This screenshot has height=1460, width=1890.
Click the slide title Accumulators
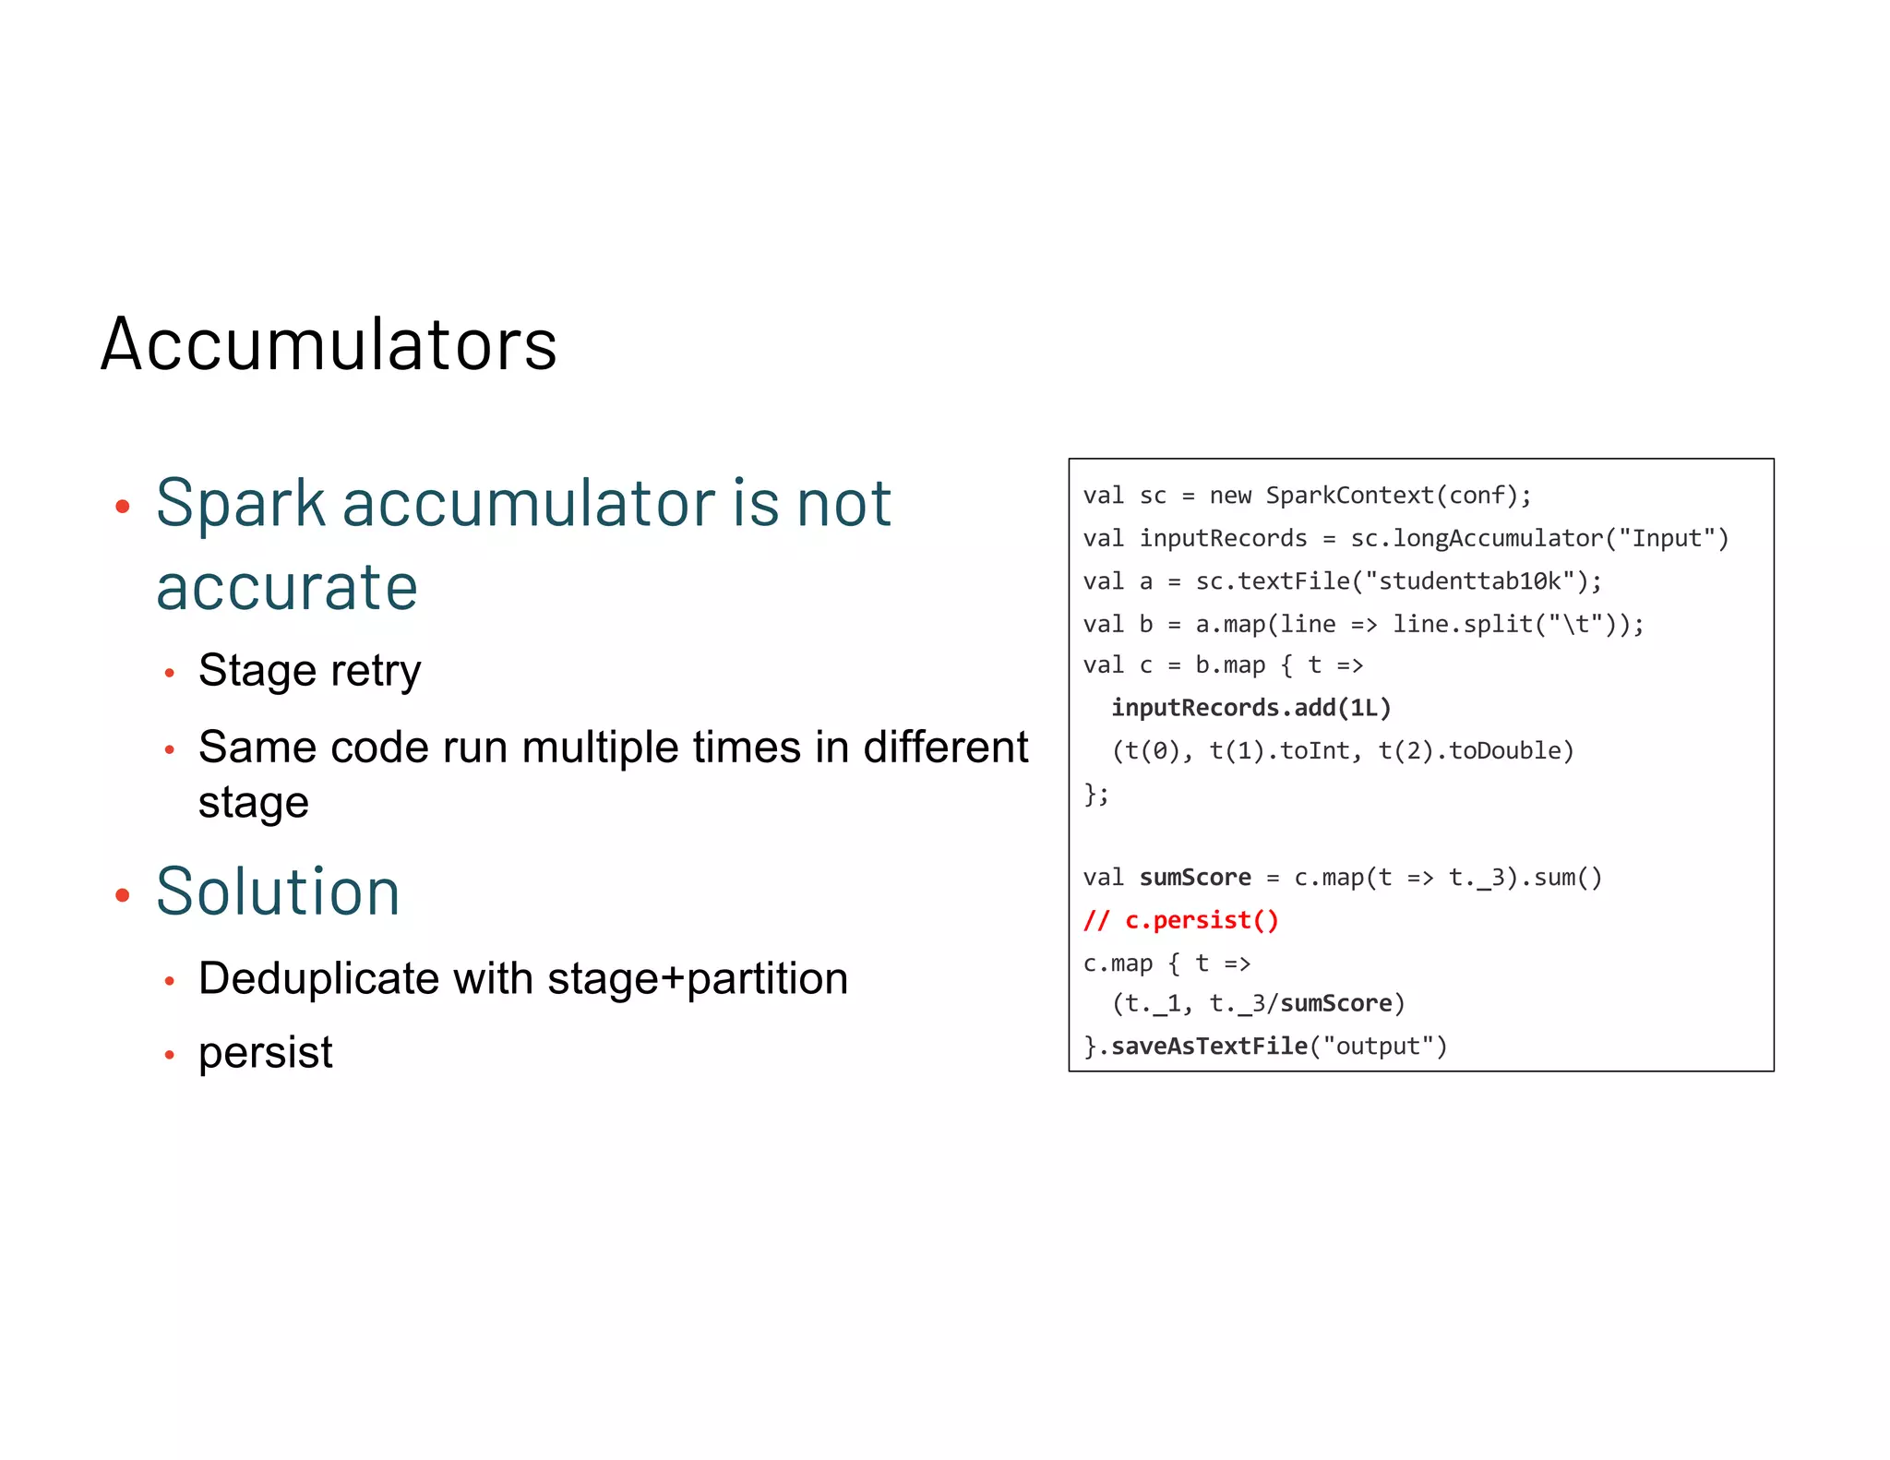(329, 344)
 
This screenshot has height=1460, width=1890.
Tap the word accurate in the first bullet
(287, 587)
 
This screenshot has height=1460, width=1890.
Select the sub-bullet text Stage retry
(309, 671)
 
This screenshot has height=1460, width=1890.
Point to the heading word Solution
(278, 892)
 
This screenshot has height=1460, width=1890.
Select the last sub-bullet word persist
(266, 1052)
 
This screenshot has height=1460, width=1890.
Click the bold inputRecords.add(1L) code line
(1250, 708)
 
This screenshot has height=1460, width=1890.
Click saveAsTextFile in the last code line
(1209, 1046)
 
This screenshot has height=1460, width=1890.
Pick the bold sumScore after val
(1195, 878)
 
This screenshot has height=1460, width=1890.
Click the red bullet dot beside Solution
(123, 894)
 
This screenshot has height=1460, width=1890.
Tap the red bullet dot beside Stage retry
(169, 674)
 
